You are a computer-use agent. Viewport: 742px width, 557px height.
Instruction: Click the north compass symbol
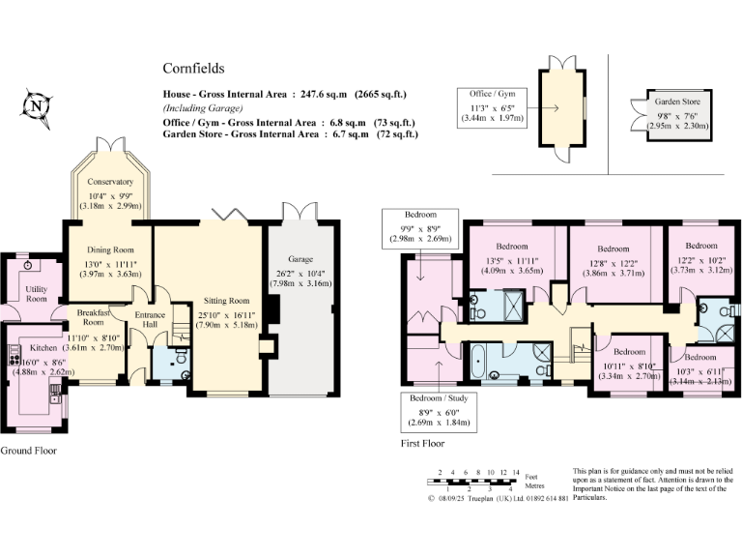point(37,107)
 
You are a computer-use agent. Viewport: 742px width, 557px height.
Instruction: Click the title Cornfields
point(193,69)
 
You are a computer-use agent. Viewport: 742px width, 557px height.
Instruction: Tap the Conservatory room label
point(110,182)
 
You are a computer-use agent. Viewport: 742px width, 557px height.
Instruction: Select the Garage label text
point(301,259)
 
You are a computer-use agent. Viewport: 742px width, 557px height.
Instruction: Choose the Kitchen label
point(44,346)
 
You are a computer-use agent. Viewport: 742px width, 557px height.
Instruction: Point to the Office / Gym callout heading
point(493,93)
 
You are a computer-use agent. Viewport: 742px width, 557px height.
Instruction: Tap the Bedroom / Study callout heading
point(433,397)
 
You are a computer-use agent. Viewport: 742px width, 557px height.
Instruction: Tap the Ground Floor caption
point(28,451)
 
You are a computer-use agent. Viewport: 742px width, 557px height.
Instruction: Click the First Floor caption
point(422,444)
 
